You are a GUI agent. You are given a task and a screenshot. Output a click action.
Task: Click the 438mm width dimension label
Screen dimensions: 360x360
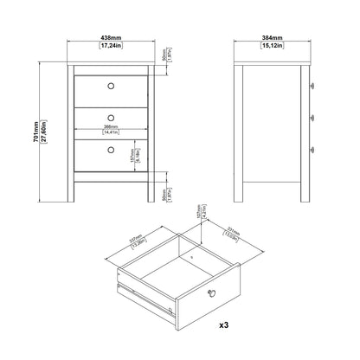tap(110, 37)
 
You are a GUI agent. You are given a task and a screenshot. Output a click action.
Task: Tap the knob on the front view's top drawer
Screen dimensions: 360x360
tap(111, 85)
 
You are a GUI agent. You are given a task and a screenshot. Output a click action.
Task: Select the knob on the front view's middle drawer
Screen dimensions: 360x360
tap(111, 117)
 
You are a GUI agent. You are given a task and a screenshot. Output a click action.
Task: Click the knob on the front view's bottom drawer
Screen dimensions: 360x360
tap(111, 149)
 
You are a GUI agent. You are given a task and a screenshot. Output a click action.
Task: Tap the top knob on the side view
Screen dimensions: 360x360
tap(310, 85)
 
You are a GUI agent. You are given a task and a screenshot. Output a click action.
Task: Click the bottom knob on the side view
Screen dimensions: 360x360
tap(310, 149)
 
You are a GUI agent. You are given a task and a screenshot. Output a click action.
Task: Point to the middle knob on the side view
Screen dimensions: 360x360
tap(310, 117)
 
